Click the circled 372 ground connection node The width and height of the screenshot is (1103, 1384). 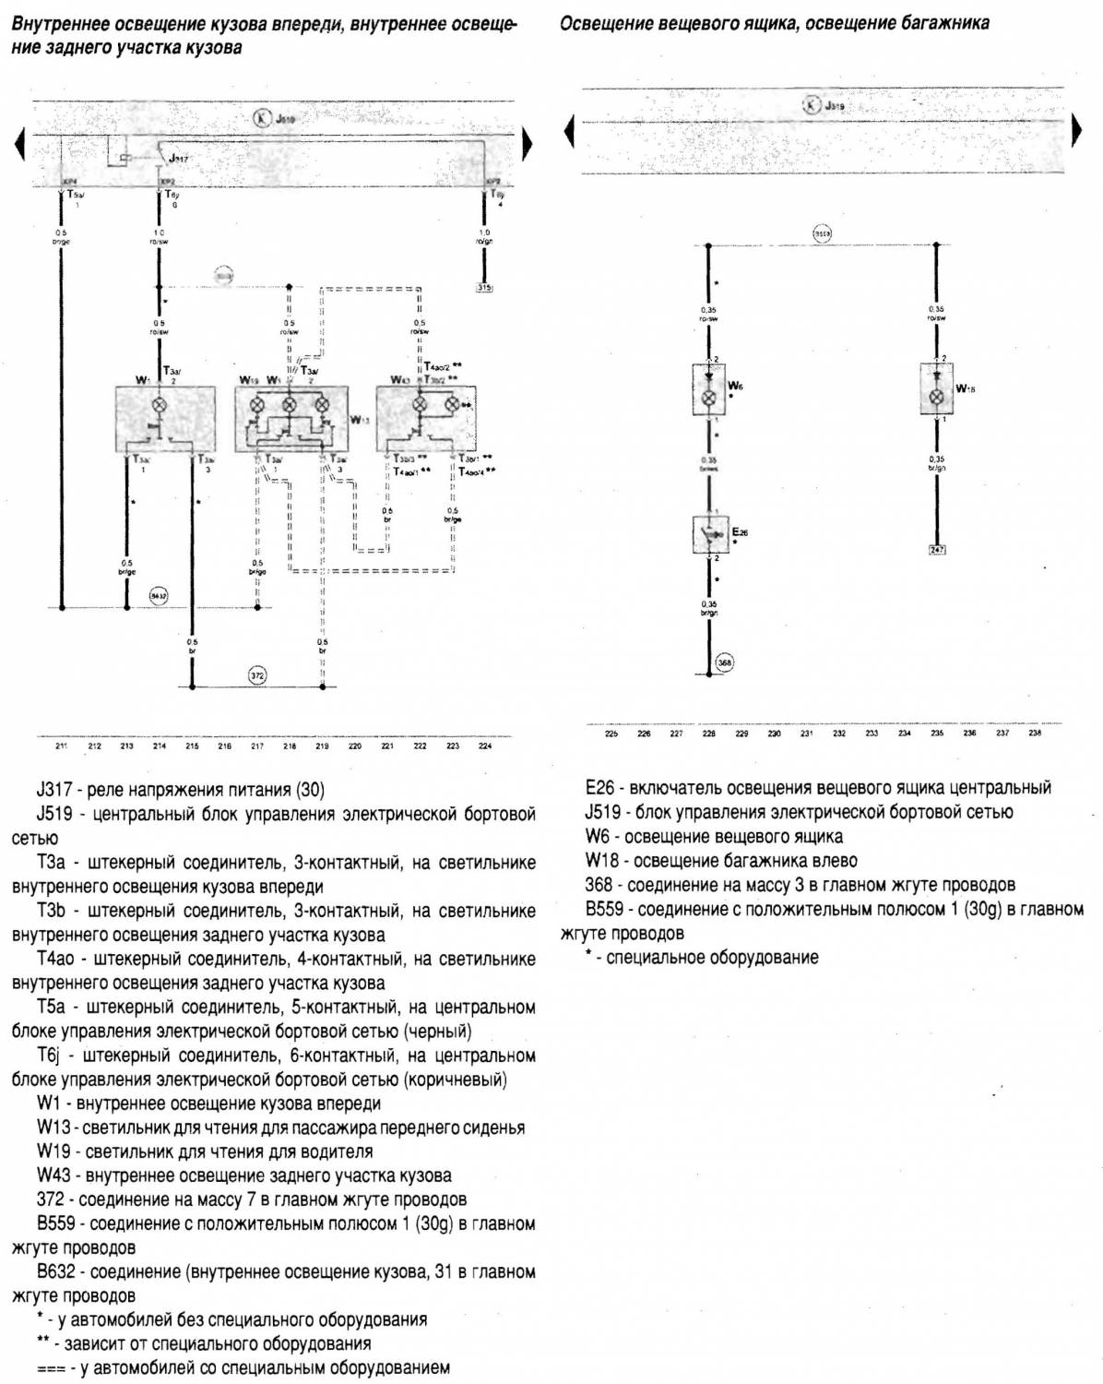click(x=257, y=676)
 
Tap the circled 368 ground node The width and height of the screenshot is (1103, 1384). click(x=725, y=662)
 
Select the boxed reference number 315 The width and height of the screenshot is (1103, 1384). click(x=485, y=288)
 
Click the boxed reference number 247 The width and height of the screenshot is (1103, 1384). click(x=937, y=550)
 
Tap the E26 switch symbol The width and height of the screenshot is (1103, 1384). click(x=709, y=535)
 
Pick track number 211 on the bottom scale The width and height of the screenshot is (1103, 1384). click(x=62, y=746)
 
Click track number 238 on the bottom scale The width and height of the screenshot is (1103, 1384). click(x=1035, y=734)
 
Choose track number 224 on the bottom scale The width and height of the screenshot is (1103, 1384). click(x=485, y=746)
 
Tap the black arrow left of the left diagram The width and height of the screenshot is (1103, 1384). click(x=18, y=144)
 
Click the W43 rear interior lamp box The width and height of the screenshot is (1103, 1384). click(x=426, y=420)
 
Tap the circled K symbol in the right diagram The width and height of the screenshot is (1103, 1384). click(x=812, y=105)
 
